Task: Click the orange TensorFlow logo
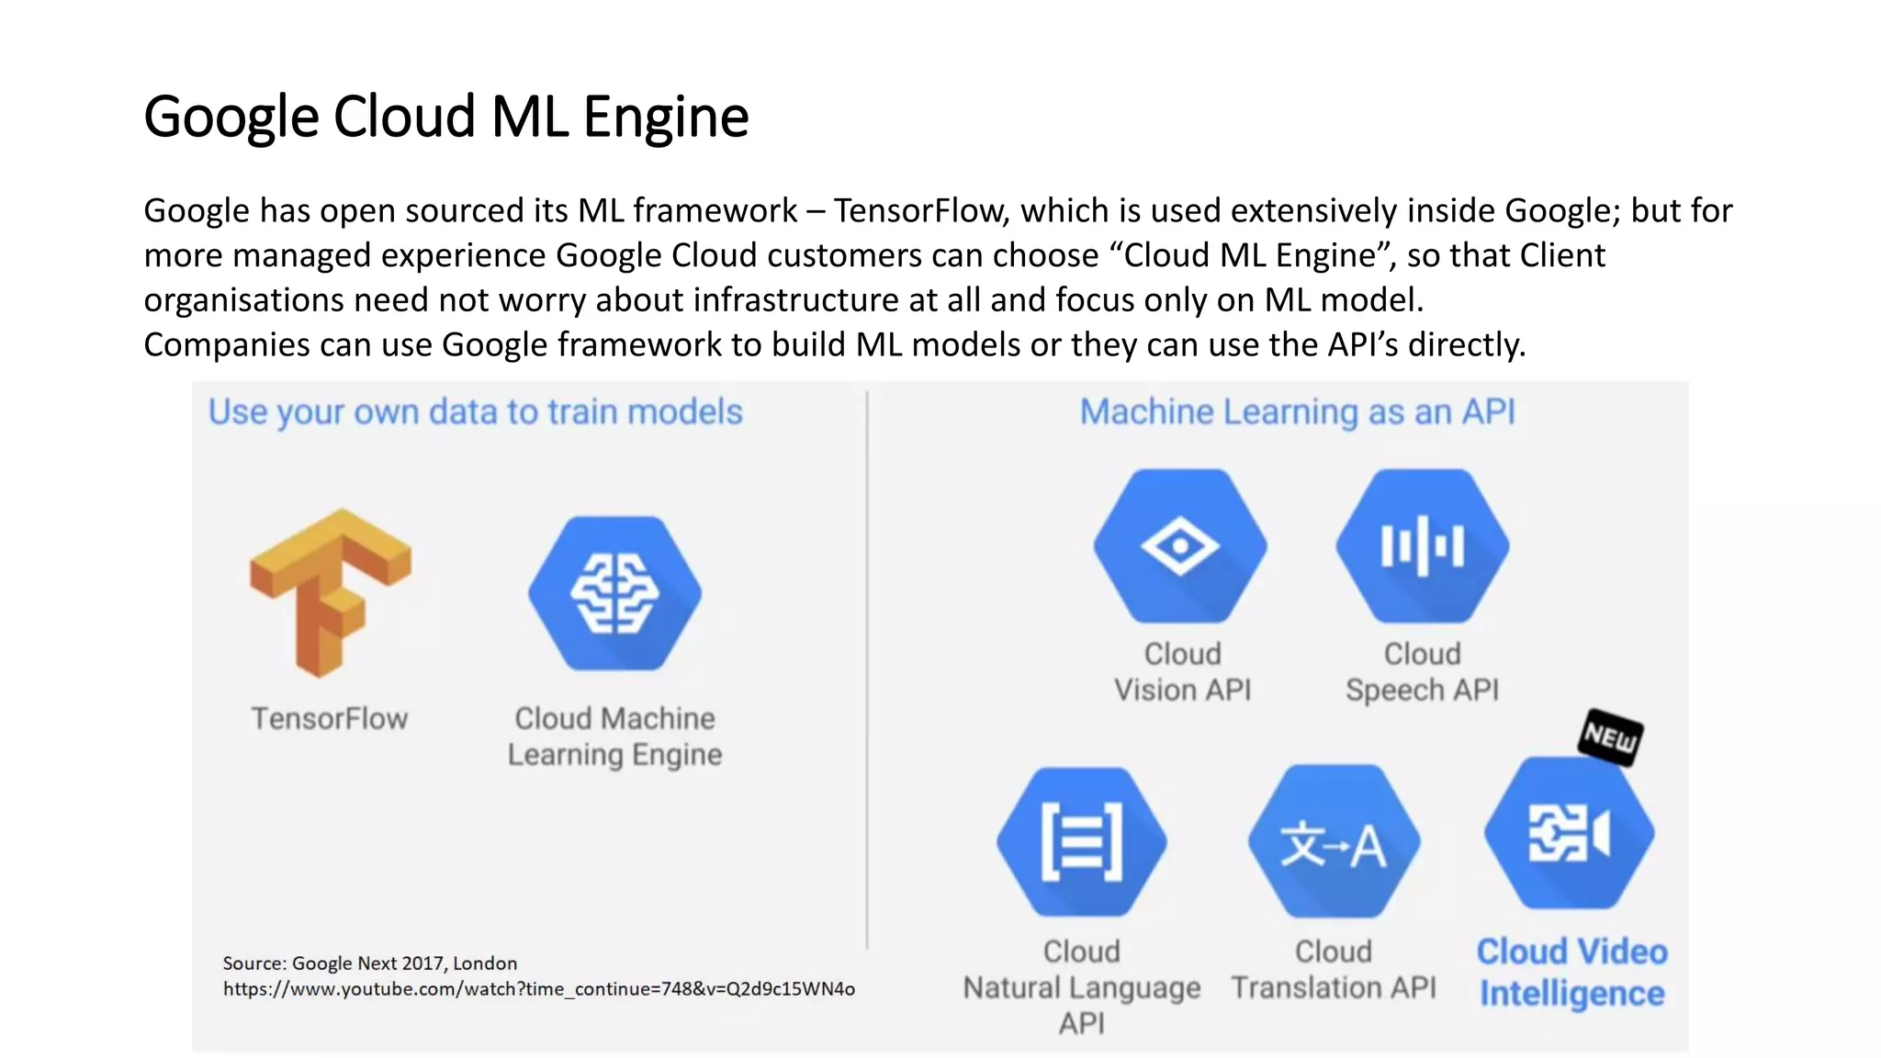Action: [x=331, y=592]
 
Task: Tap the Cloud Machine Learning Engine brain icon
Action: [x=614, y=593]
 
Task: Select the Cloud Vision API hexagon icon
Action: [x=1180, y=546]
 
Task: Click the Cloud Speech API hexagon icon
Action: [x=1422, y=546]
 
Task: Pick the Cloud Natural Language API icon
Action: [x=1082, y=841]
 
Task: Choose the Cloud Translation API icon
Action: [x=1334, y=841]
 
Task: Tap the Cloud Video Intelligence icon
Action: [x=1570, y=833]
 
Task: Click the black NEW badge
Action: [x=1610, y=737]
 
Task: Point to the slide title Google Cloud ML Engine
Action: [x=446, y=117]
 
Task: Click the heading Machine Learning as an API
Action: [x=1297, y=411]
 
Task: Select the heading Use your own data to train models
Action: [x=475, y=411]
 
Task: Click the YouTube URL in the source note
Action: [x=538, y=989]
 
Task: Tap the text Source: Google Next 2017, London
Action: [x=369, y=963]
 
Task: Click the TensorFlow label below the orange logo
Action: [x=330, y=718]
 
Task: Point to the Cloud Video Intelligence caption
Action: [x=1571, y=972]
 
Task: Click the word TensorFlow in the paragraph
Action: [x=921, y=211]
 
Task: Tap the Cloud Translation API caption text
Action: [x=1334, y=969]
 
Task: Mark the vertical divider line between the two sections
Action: [x=867, y=670]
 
